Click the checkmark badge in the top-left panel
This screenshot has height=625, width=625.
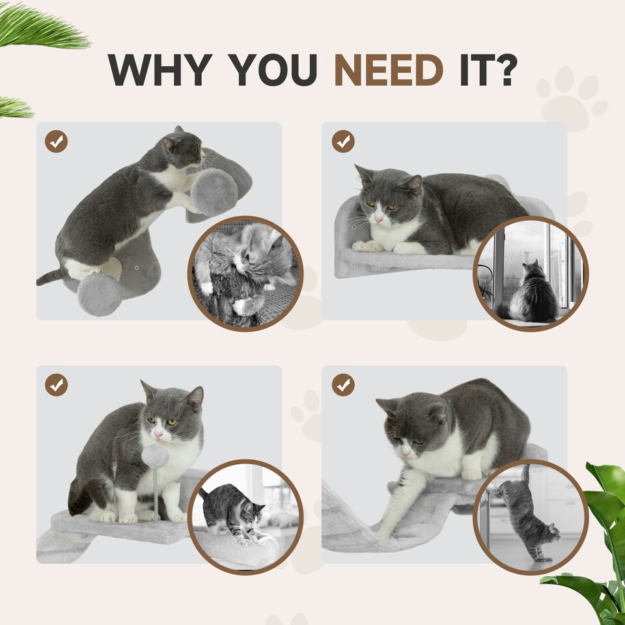56,141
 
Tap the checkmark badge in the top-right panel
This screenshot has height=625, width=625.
343,141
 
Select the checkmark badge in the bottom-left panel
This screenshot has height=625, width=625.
56,385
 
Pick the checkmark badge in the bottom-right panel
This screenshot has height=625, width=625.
343,385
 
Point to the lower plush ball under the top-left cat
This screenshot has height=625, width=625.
99,294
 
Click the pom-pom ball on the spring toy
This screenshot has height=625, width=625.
156,455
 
